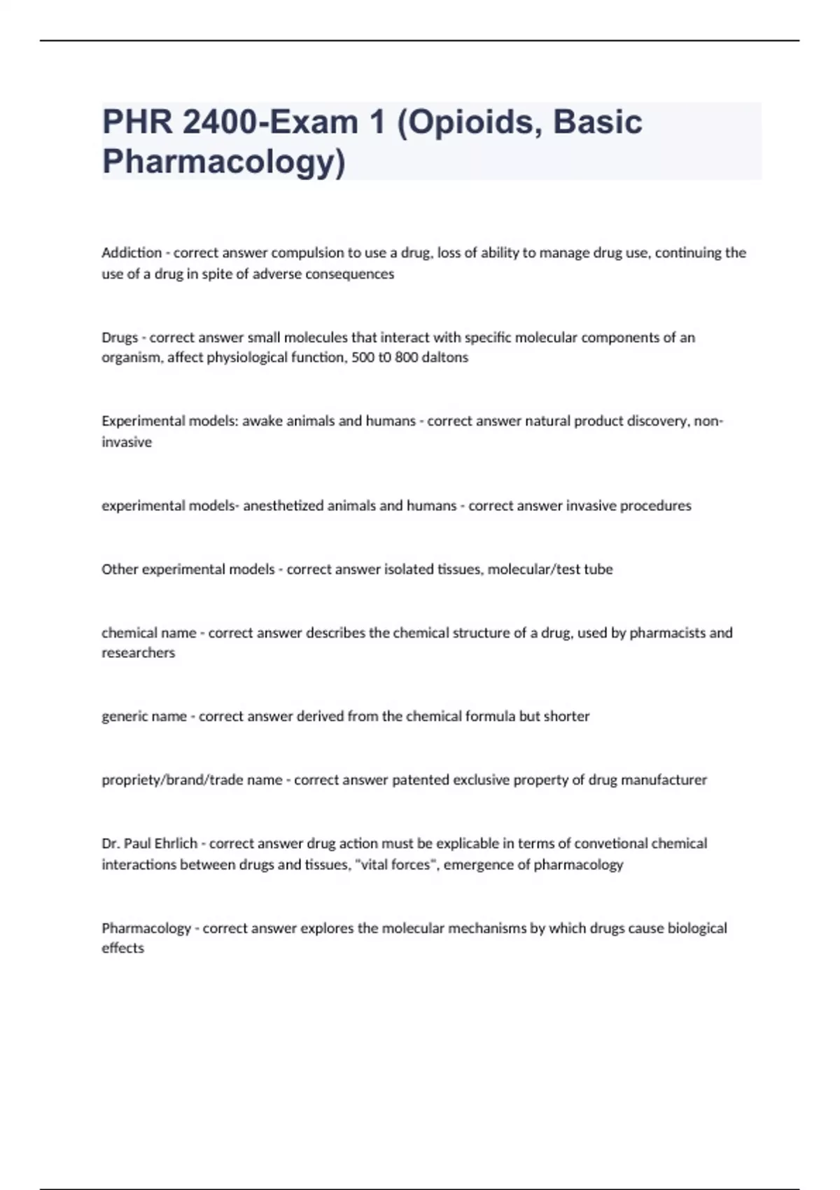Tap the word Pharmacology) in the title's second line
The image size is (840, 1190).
click(224, 162)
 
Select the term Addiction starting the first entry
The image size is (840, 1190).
click(132, 253)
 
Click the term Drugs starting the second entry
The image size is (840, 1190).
click(120, 337)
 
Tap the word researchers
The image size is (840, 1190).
click(138, 653)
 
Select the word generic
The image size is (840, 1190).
click(123, 717)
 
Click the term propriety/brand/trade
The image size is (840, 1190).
click(192, 780)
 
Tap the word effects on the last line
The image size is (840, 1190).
click(122, 948)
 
